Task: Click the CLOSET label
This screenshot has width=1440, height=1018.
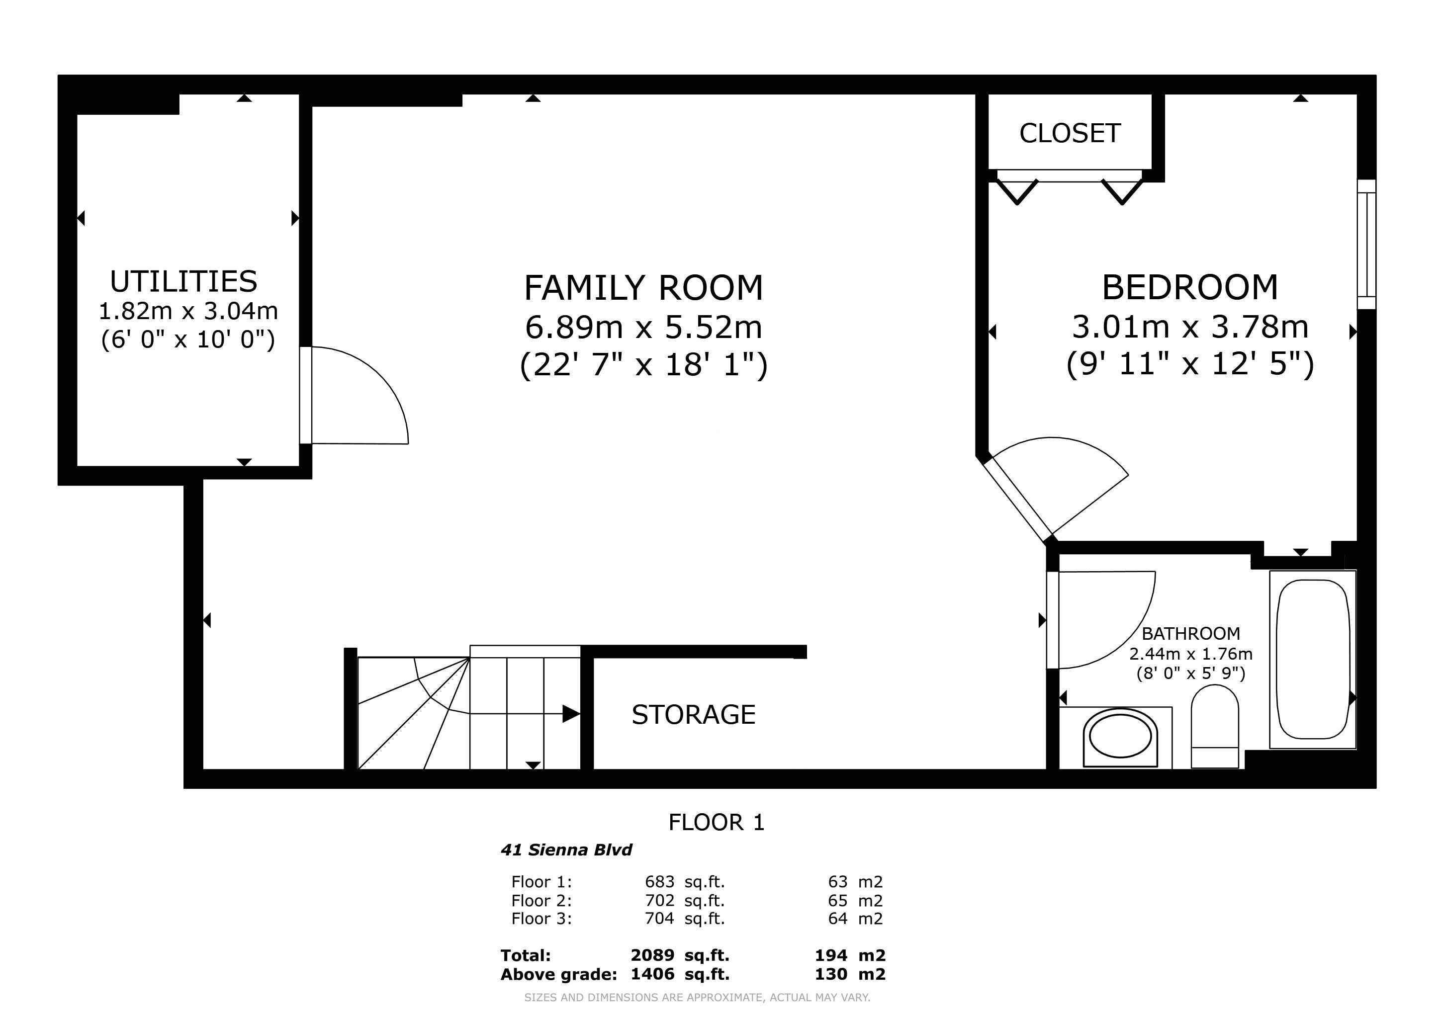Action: (1070, 134)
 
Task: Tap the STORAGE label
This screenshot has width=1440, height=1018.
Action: (694, 715)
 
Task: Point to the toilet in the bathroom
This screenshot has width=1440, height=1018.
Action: (1215, 727)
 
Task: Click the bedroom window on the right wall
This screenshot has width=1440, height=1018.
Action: (1366, 244)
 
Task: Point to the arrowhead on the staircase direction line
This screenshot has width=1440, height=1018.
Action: (571, 714)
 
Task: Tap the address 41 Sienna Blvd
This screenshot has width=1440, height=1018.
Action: (566, 850)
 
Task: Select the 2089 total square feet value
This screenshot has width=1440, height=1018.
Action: (652, 955)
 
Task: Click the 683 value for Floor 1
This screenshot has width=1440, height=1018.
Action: (660, 882)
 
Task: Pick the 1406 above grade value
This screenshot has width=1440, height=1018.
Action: (652, 974)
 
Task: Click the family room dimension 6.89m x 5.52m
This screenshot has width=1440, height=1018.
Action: (643, 327)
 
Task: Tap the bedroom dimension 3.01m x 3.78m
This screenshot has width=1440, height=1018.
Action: (1190, 327)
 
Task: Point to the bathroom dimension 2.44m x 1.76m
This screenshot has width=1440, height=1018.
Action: (1191, 654)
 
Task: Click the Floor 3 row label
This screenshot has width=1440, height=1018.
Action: (542, 919)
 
